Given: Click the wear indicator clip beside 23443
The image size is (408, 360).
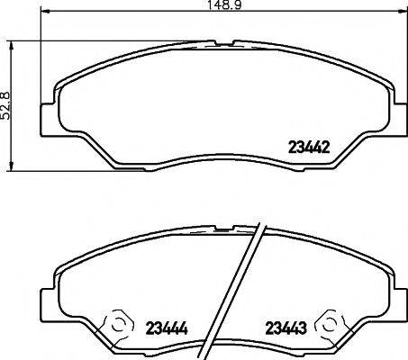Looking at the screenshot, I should (331, 323).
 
